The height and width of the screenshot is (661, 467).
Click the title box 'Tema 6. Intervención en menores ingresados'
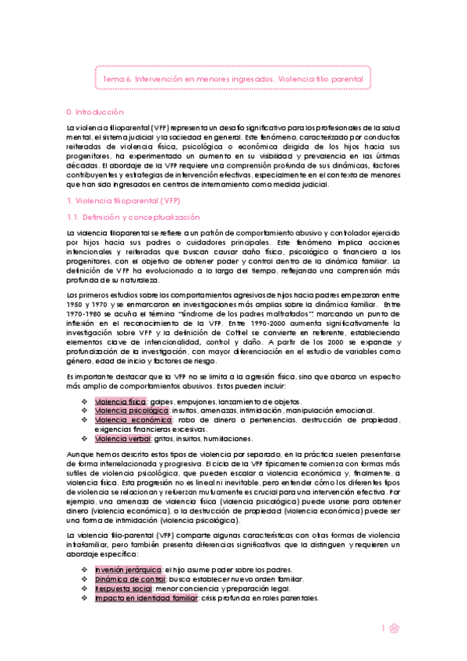click(233, 79)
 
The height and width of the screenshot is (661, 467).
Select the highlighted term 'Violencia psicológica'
click(132, 410)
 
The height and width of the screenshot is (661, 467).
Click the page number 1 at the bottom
click(384, 628)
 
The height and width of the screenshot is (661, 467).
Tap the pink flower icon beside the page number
click(395, 628)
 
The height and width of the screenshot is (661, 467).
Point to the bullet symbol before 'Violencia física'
click(84, 401)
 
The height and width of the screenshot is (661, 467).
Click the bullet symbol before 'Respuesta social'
click(84, 589)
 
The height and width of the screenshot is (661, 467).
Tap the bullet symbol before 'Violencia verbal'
click(84, 439)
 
